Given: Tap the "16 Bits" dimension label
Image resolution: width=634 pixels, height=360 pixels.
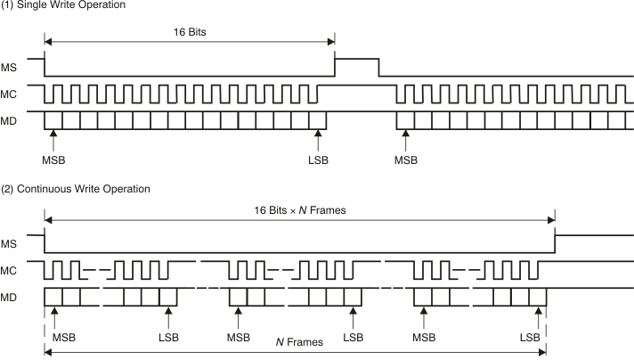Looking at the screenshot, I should pos(191,29).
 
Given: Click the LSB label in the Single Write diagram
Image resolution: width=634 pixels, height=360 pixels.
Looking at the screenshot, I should pos(318,160).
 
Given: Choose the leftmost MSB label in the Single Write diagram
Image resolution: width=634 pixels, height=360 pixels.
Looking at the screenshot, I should pos(53,160).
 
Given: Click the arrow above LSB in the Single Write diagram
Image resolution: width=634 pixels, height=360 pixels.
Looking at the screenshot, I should pos(318,139).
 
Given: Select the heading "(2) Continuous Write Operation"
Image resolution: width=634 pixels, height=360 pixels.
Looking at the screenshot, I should pos(75,188).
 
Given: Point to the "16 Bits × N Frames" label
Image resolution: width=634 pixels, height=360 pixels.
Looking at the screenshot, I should pos(299,210).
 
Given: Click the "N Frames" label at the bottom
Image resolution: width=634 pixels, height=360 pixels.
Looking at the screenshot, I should pos(299,342).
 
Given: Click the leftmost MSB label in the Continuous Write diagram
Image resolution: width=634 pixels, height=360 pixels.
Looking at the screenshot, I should pos(64,338).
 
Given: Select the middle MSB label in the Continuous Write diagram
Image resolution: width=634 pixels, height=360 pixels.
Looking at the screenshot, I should pos(239,338).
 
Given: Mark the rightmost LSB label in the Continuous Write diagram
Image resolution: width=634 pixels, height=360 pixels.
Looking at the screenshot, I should pos(531,338).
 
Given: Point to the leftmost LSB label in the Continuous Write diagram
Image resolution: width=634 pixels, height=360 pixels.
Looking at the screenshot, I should pos(168,338).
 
